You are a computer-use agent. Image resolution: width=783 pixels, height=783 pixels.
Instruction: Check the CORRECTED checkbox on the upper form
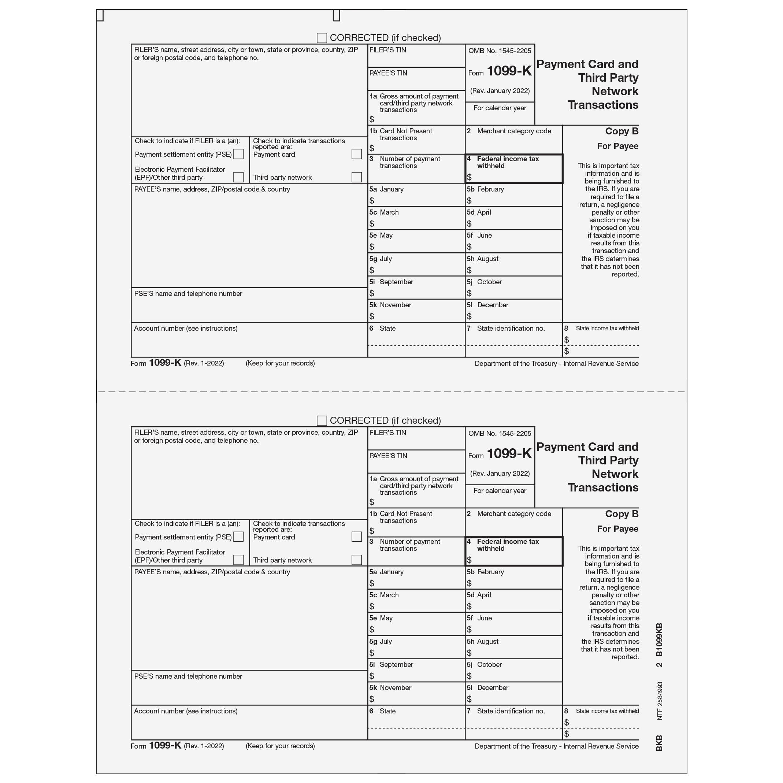click(322, 38)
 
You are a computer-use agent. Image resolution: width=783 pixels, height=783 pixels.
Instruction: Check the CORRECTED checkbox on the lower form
click(322, 421)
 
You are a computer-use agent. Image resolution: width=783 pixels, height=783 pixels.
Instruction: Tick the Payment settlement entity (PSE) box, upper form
click(239, 154)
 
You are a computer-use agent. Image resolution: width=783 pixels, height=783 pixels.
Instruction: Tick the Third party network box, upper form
click(357, 177)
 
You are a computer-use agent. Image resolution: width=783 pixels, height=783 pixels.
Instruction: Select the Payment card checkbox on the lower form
click(357, 537)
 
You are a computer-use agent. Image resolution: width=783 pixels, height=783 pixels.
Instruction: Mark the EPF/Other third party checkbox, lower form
click(239, 560)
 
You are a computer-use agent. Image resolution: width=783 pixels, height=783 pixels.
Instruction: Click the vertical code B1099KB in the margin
click(659, 639)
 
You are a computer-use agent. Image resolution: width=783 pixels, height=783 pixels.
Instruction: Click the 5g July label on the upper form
click(381, 259)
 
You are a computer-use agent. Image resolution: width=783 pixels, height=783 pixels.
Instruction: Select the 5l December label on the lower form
click(487, 687)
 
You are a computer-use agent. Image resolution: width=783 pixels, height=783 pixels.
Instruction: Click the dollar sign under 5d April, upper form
click(469, 224)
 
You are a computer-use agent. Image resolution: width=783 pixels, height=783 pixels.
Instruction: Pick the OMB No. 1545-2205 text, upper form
click(500, 51)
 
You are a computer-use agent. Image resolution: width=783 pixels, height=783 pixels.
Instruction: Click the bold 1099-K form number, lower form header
click(509, 453)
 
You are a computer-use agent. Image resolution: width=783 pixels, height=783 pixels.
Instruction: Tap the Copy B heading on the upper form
click(622, 131)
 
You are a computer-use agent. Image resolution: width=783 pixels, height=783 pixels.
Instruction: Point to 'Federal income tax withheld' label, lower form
click(507, 545)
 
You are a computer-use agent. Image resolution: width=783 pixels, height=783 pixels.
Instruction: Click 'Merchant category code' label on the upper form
click(514, 131)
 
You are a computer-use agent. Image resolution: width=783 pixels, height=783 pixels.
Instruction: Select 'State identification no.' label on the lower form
click(511, 711)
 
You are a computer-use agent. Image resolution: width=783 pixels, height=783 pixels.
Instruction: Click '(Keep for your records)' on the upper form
click(280, 363)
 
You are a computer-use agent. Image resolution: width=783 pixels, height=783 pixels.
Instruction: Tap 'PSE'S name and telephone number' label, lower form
click(188, 676)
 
